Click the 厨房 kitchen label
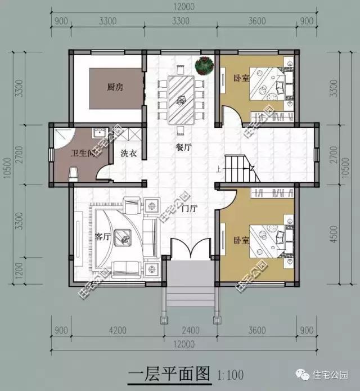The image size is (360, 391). (115, 87)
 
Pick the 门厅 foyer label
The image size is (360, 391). (190, 208)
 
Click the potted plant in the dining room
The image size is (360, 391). (203, 65)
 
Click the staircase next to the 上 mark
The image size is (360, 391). (238, 168)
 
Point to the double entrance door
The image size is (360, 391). (190, 248)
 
